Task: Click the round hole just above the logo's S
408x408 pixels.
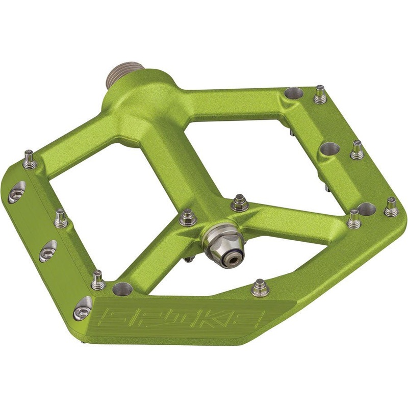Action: [x=122, y=289]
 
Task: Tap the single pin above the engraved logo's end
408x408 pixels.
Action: [x=260, y=288]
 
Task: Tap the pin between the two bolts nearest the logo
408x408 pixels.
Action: [x=98, y=279]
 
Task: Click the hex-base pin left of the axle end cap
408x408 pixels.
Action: [x=187, y=218]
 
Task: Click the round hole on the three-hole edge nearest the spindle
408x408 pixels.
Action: [x=293, y=94]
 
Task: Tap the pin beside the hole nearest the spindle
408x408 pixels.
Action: [x=320, y=93]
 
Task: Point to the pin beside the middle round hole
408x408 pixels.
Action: [x=356, y=149]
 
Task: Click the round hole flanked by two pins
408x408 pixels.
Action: [x=366, y=209]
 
